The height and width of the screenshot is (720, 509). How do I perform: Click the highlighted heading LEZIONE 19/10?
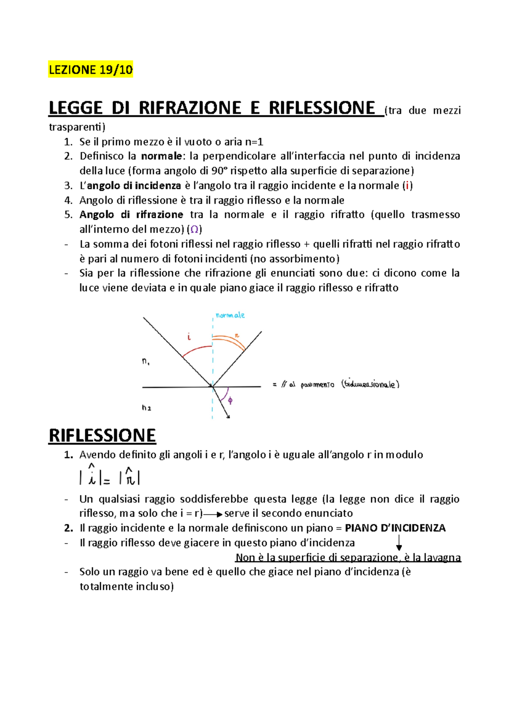[x=90, y=69]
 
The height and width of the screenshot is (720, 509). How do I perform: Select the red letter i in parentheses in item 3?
[x=407, y=186]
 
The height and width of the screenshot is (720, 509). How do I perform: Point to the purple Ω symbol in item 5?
[x=194, y=229]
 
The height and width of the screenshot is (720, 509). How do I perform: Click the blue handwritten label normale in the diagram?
[x=230, y=315]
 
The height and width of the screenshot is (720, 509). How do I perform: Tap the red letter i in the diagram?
[x=189, y=337]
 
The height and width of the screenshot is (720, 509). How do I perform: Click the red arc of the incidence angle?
[x=196, y=349]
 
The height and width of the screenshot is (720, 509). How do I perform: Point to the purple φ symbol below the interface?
[x=230, y=400]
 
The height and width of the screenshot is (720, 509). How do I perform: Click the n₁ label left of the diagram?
[x=145, y=362]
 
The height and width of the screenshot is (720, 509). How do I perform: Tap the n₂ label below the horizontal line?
[x=146, y=408]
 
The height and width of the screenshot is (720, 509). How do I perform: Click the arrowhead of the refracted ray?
[x=228, y=416]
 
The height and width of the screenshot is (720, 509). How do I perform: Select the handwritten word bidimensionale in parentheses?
[x=370, y=384]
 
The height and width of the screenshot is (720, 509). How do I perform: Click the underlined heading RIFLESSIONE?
[x=102, y=436]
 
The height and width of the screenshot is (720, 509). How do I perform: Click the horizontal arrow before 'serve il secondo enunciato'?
[x=213, y=514]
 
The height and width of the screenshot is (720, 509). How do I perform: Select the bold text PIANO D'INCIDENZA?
[x=395, y=528]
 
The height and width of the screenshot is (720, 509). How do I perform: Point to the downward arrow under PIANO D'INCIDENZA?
[x=399, y=543]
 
